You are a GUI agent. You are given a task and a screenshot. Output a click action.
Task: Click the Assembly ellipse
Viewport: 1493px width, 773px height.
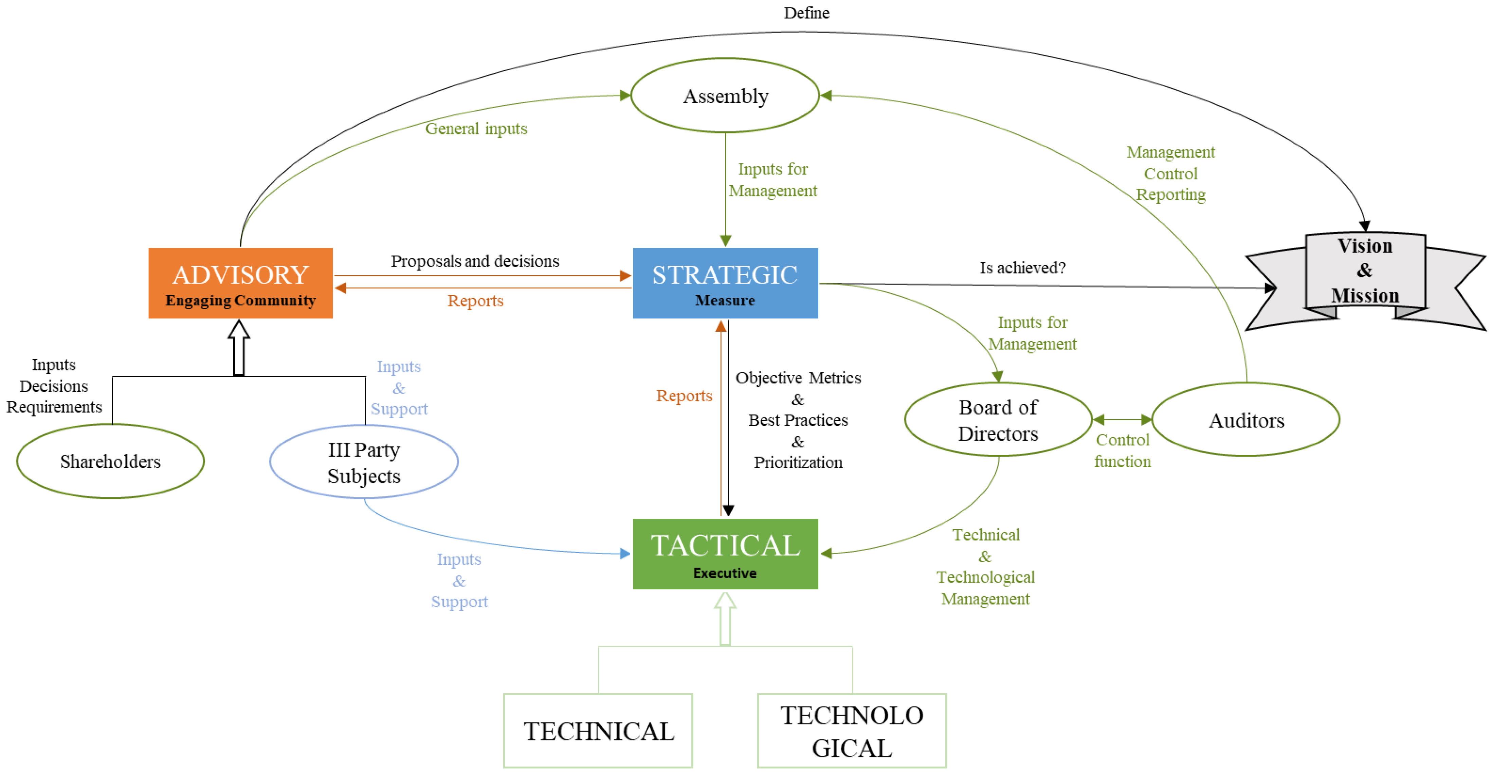(725, 96)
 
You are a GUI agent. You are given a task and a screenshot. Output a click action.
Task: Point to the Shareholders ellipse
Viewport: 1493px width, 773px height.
(110, 461)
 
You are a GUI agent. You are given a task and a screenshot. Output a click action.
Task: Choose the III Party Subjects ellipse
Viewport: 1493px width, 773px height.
(364, 462)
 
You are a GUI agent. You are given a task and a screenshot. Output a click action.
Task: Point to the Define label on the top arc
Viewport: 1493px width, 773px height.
(806, 13)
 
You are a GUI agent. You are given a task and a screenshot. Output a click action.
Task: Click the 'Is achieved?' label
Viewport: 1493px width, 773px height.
(1022, 268)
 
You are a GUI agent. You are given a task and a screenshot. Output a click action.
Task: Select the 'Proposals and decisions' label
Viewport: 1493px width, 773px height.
(475, 261)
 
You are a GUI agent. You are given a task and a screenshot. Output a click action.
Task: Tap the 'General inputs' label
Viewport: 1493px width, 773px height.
(476, 129)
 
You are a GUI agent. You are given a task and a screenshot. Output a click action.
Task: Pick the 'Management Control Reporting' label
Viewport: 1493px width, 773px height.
(1170, 173)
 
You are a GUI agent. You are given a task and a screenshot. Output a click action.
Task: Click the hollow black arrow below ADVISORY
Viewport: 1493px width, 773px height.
(239, 348)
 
